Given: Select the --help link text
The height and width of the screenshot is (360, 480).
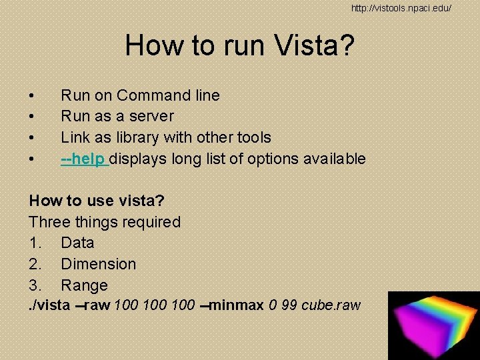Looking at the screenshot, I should tap(85, 159).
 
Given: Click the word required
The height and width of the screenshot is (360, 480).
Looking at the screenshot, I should tap(149, 222).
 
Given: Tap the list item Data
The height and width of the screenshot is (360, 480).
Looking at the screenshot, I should tap(77, 243).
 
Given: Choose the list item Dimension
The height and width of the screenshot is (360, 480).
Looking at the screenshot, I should tap(98, 264).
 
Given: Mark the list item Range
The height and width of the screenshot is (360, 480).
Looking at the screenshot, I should tap(84, 285).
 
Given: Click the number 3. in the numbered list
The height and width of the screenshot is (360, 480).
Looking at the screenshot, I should tap(35, 285).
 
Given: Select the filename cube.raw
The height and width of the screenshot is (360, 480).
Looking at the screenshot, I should tap(331, 306).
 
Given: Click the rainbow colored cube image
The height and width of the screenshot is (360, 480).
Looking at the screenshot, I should tap(433, 325).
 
